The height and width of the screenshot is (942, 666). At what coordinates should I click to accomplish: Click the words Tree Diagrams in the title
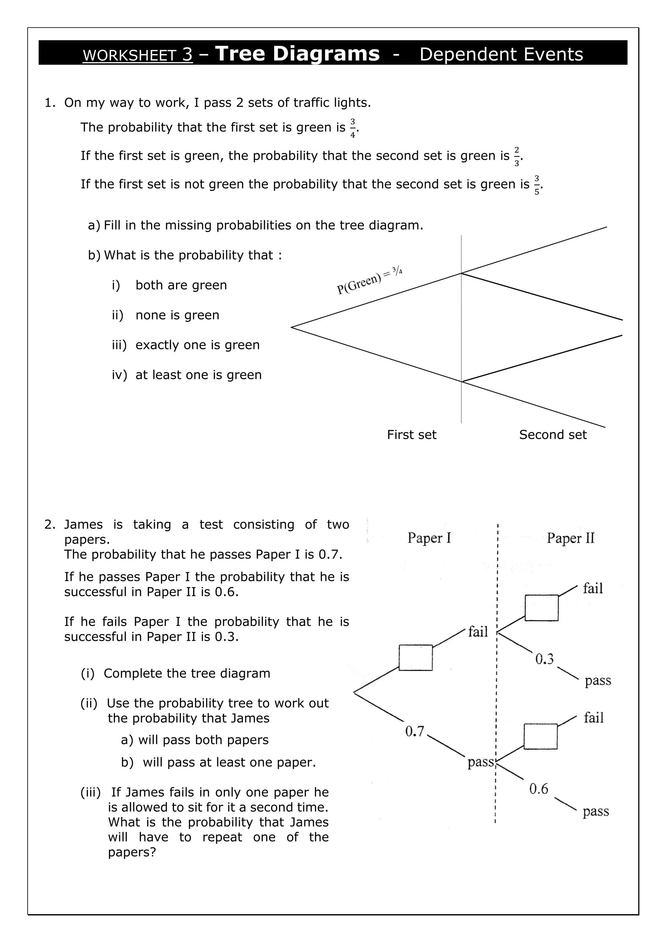(x=297, y=53)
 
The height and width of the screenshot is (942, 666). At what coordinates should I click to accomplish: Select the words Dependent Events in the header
(x=501, y=54)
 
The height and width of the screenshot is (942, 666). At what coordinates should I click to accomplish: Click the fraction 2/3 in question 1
(x=516, y=157)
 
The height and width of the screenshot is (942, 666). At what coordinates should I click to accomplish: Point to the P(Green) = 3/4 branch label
(x=369, y=280)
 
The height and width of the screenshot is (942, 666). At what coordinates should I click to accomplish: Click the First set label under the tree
(x=411, y=435)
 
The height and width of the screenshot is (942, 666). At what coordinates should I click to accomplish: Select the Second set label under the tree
(x=553, y=435)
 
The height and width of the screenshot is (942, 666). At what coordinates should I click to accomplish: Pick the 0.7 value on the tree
(x=415, y=731)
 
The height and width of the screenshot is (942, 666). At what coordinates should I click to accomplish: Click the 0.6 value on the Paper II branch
(x=539, y=788)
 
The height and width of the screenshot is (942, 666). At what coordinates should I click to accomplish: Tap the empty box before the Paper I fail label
(x=415, y=658)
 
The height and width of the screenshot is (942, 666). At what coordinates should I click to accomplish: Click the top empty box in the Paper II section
(x=541, y=608)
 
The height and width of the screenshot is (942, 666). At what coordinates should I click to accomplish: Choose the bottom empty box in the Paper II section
(x=540, y=736)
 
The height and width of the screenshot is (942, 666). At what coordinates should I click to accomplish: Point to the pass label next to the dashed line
(x=481, y=762)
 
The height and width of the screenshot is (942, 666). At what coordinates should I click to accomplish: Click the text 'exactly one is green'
(x=197, y=345)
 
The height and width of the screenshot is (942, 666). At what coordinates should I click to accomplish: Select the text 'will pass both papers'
(x=203, y=740)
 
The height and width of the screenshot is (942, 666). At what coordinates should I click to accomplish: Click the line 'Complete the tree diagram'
(x=187, y=673)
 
